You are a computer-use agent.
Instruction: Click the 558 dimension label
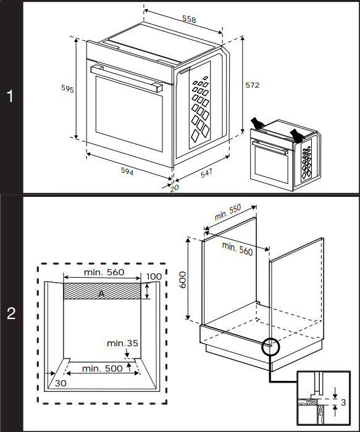189,19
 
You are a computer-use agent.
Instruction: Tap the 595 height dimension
67,88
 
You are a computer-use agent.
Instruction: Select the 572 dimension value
252,85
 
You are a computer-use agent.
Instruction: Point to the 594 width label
127,171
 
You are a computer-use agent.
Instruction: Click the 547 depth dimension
206,173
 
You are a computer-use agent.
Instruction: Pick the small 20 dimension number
175,188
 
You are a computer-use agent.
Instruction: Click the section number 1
10,96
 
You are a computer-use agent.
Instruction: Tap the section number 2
11,314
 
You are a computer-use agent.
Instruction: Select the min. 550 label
228,212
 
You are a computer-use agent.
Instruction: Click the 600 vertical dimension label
183,280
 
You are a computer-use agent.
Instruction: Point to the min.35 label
122,343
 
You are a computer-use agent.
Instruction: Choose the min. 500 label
103,368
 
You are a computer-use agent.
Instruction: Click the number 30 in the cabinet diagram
61,383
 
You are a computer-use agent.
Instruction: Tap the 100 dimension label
154,276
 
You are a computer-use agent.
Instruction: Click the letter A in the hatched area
101,294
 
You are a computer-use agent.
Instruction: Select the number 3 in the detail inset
343,402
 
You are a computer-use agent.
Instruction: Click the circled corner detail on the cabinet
270,347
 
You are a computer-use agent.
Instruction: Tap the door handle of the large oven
127,78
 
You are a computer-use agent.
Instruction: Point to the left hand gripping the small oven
257,123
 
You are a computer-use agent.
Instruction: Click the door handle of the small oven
270,147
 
